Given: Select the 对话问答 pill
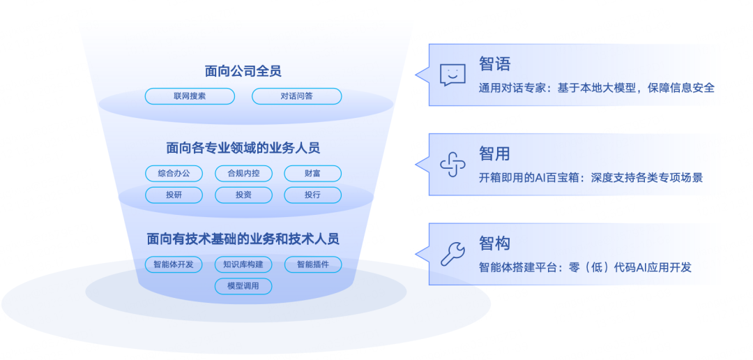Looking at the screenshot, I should pos(296,96).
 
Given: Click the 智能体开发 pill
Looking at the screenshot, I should pos(174,264).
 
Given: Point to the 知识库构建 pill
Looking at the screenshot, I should pos(243,264).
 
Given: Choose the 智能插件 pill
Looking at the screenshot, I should pos(312,264).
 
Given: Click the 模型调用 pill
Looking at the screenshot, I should pos(243,286).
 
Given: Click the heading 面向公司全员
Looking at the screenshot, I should pos(243,71).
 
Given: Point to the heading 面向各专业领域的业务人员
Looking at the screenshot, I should pos(243,148).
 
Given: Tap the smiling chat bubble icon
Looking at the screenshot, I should pos(452,75).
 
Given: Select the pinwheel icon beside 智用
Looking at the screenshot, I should pos(452,165).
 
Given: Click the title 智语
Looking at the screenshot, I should pos(495,64).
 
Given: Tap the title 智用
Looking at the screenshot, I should pos(495,153).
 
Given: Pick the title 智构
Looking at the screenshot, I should pos(495,243).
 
